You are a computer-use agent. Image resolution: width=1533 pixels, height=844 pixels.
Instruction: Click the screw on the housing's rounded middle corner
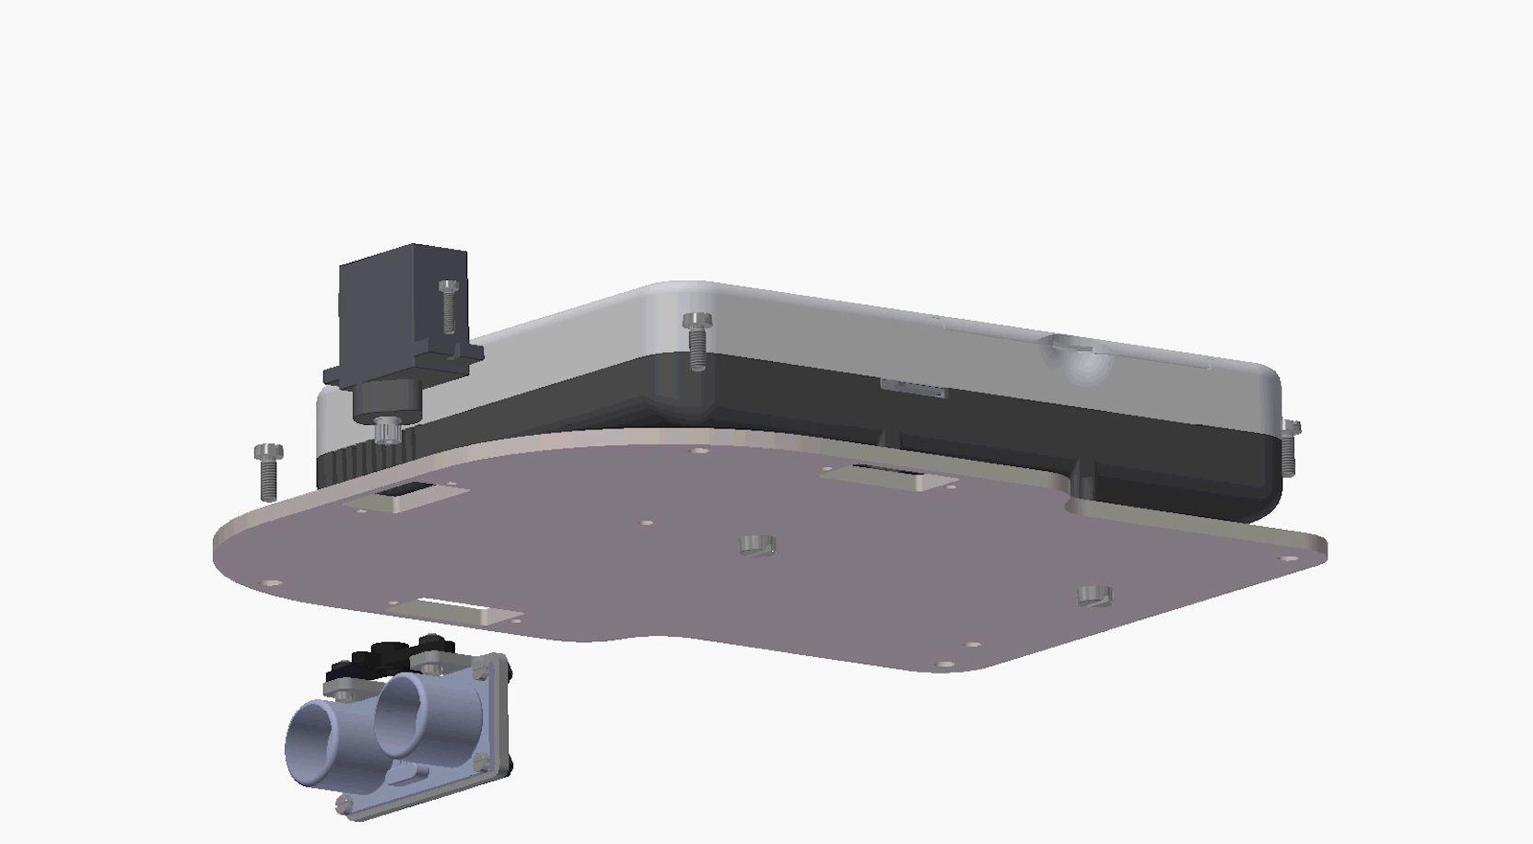[x=696, y=339]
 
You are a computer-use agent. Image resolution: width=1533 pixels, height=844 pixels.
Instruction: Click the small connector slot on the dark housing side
[x=913, y=388]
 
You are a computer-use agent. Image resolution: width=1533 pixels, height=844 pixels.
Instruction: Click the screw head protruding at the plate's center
[x=757, y=545]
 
